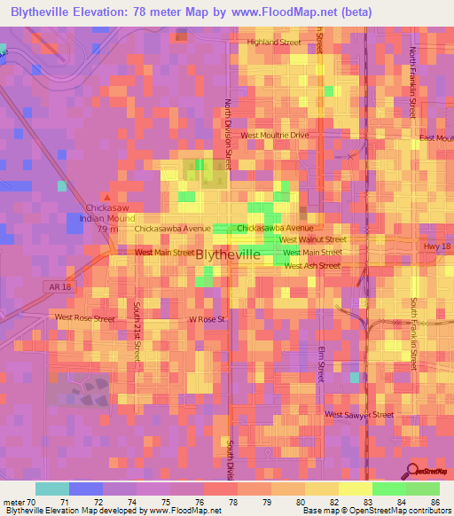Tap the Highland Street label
click(x=274, y=42)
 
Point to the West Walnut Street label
click(x=312, y=239)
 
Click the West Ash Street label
click(x=310, y=265)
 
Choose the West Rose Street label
click(x=85, y=317)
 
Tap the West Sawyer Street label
click(x=358, y=414)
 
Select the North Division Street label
click(x=228, y=133)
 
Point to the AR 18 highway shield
click(x=56, y=285)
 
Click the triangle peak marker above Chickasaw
click(x=108, y=197)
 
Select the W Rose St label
click(x=208, y=319)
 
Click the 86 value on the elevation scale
click(x=434, y=502)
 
